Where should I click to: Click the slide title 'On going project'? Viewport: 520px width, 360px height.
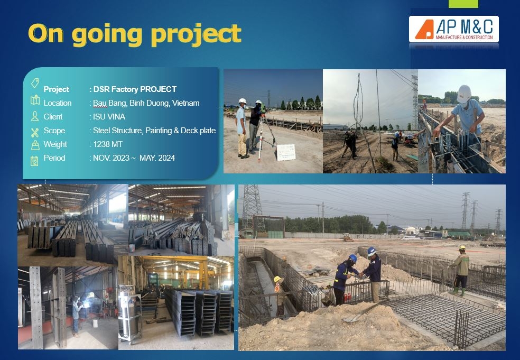[135, 34]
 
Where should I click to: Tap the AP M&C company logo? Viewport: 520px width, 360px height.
[453, 29]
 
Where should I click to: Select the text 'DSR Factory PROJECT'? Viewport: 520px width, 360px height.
[135, 89]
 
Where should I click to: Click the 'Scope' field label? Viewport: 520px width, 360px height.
[54, 131]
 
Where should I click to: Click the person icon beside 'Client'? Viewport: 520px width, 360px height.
[35, 116]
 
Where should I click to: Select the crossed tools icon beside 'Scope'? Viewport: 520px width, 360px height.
[35, 132]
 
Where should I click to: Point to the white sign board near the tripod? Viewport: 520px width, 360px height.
[286, 152]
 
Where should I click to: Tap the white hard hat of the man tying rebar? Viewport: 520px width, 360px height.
[464, 92]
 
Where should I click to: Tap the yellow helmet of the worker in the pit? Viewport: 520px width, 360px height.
[277, 279]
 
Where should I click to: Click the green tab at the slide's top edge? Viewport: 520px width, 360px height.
[463, 4]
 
